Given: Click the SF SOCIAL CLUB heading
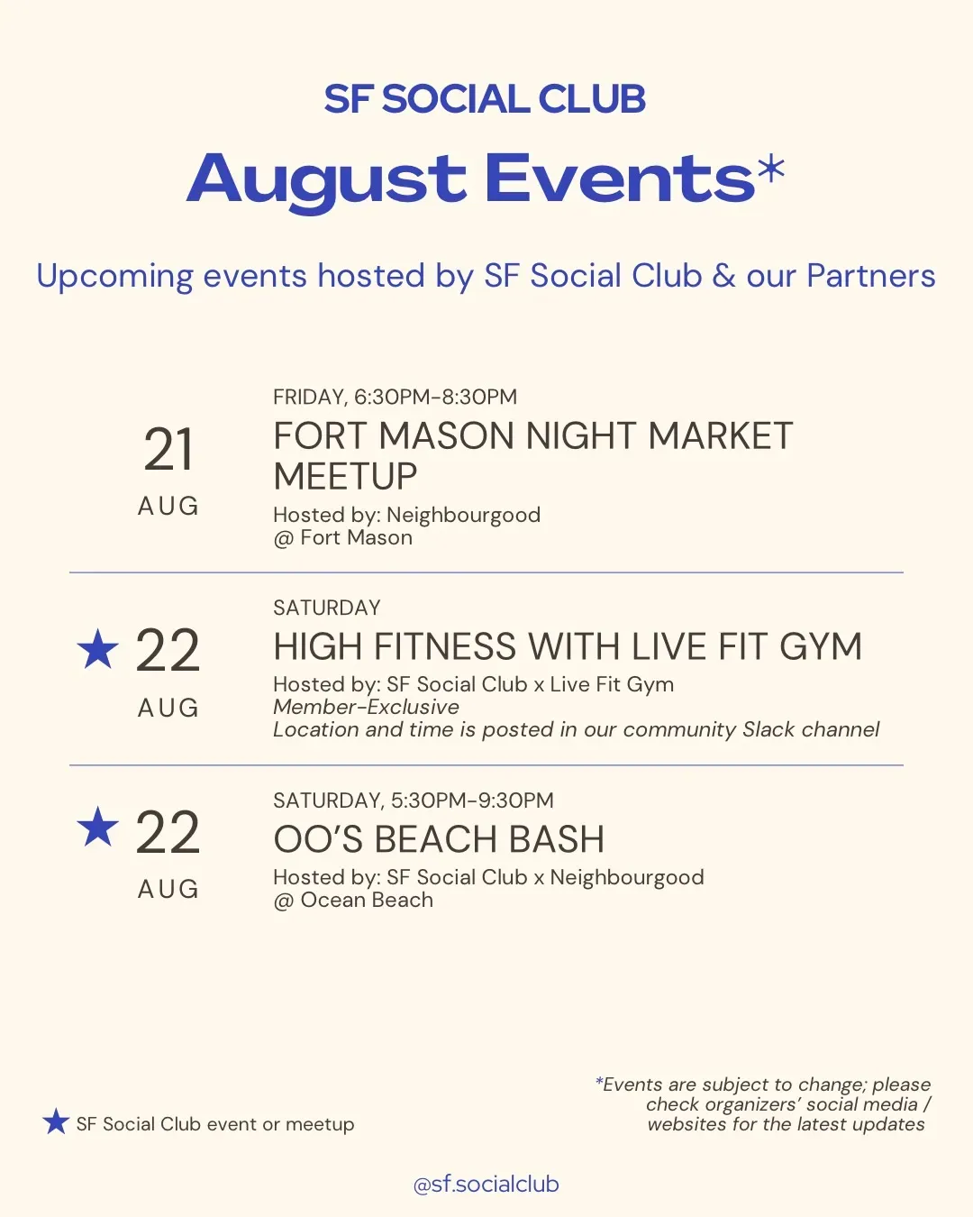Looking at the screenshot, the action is point(485,99).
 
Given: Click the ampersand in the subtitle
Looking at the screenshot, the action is point(724,276).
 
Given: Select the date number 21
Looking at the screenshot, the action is point(168,450).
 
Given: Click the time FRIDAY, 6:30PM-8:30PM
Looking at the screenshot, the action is point(395,397).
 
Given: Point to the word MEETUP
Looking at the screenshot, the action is point(345,476).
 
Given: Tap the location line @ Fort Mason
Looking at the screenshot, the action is point(342,538).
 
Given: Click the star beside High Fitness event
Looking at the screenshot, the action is point(98,649).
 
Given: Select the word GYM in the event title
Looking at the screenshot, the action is point(821,646).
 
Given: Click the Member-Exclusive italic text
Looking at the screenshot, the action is point(366,707).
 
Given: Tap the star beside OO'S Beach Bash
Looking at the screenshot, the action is point(98,827).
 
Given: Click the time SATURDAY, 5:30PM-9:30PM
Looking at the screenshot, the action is point(414,801).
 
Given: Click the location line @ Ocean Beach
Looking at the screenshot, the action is point(353,901).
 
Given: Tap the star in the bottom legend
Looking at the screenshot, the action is point(56,1122).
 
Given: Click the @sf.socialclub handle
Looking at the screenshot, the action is point(486,1185).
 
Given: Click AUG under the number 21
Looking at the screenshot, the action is point(168,506).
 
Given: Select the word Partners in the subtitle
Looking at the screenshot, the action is point(870,276).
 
